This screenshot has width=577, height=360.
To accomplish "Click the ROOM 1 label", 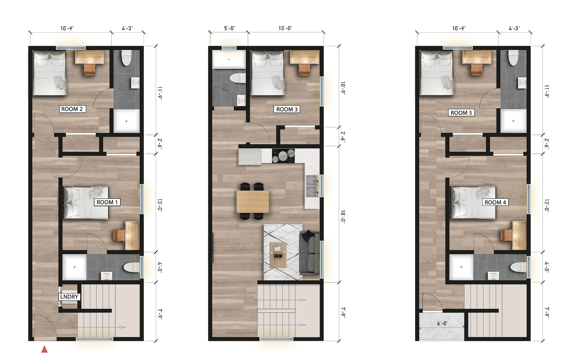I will (108, 202).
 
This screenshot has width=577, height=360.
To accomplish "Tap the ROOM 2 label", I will (73, 109).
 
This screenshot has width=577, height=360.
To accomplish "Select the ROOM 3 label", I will (287, 109).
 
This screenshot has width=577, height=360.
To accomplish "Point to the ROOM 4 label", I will (495, 202).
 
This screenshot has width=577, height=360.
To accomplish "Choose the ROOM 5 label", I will (461, 113).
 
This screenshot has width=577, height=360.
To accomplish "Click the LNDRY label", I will (69, 297).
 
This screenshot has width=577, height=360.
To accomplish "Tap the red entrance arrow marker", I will (44, 349).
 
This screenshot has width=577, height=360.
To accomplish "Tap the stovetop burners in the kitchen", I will (283, 156).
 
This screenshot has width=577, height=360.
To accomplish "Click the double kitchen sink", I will (312, 186).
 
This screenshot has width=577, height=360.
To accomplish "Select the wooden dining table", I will (252, 201).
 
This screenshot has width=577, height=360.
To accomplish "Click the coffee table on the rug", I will (278, 254).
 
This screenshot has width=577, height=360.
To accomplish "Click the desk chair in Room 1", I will (118, 235).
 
